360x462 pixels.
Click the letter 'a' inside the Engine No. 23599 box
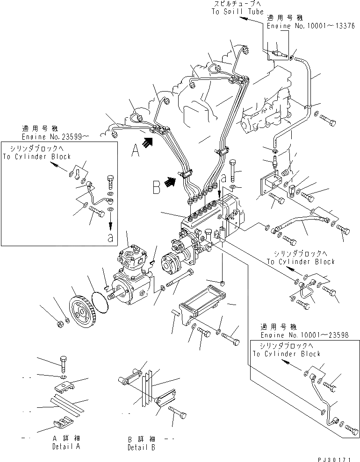(x=110, y=237)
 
